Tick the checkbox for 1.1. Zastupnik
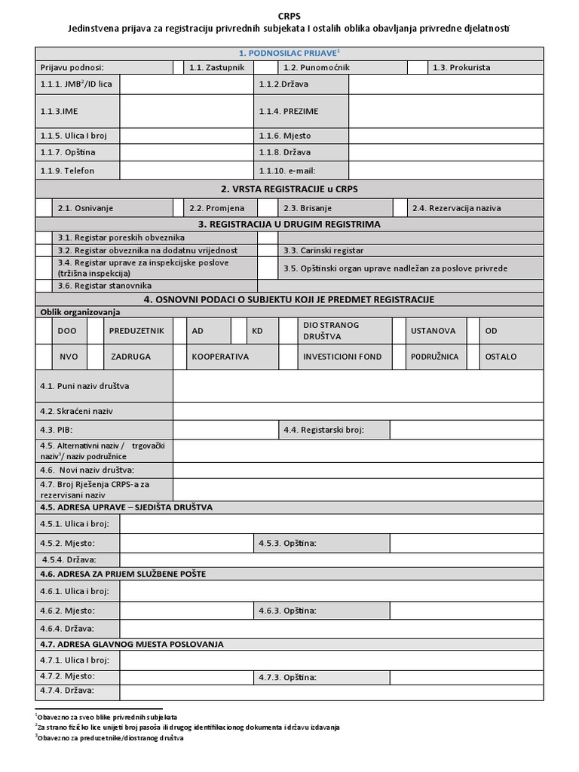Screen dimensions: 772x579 177,67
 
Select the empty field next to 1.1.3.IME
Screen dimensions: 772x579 185,111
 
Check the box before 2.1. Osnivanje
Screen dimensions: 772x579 44,207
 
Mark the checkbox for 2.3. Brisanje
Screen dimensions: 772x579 268,207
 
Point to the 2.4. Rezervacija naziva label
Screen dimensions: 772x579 456,208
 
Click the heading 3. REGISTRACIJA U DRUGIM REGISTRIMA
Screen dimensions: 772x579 289,225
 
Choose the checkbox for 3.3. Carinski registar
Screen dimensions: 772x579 268,250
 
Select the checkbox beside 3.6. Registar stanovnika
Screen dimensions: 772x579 44,286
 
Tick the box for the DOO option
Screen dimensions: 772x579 44,330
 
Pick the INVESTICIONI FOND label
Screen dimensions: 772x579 342,357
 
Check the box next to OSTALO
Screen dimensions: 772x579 473,357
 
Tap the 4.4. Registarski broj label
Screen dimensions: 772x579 333,430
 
